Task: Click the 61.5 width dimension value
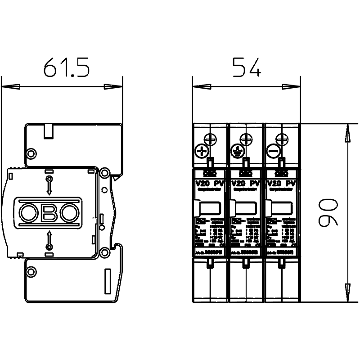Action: coord(67,67)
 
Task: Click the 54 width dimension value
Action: coord(246,67)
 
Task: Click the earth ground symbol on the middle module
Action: coord(237,152)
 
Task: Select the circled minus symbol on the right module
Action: coord(273,152)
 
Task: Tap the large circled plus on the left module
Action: coord(201,151)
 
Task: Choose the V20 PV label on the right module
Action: coord(281,184)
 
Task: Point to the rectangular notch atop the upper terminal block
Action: coord(48,131)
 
